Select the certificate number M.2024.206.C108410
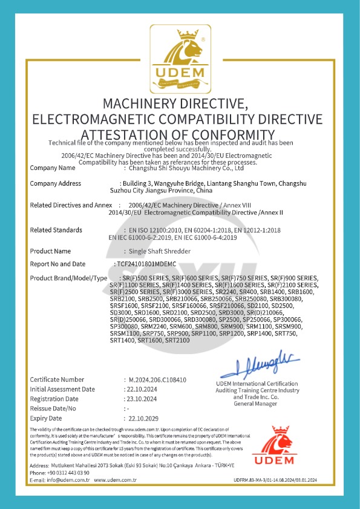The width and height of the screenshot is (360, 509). [157, 379]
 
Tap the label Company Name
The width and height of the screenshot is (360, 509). [53, 168]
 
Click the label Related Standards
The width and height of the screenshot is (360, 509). [56, 230]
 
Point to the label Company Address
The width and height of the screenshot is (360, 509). [56, 183]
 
